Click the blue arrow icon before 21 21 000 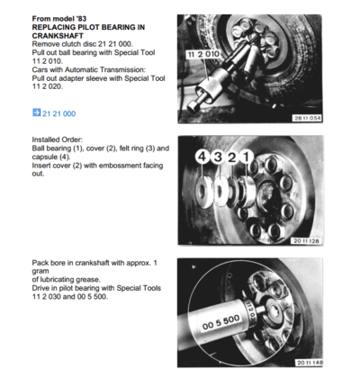coord(36,114)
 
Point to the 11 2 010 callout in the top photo coord(202,56)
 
